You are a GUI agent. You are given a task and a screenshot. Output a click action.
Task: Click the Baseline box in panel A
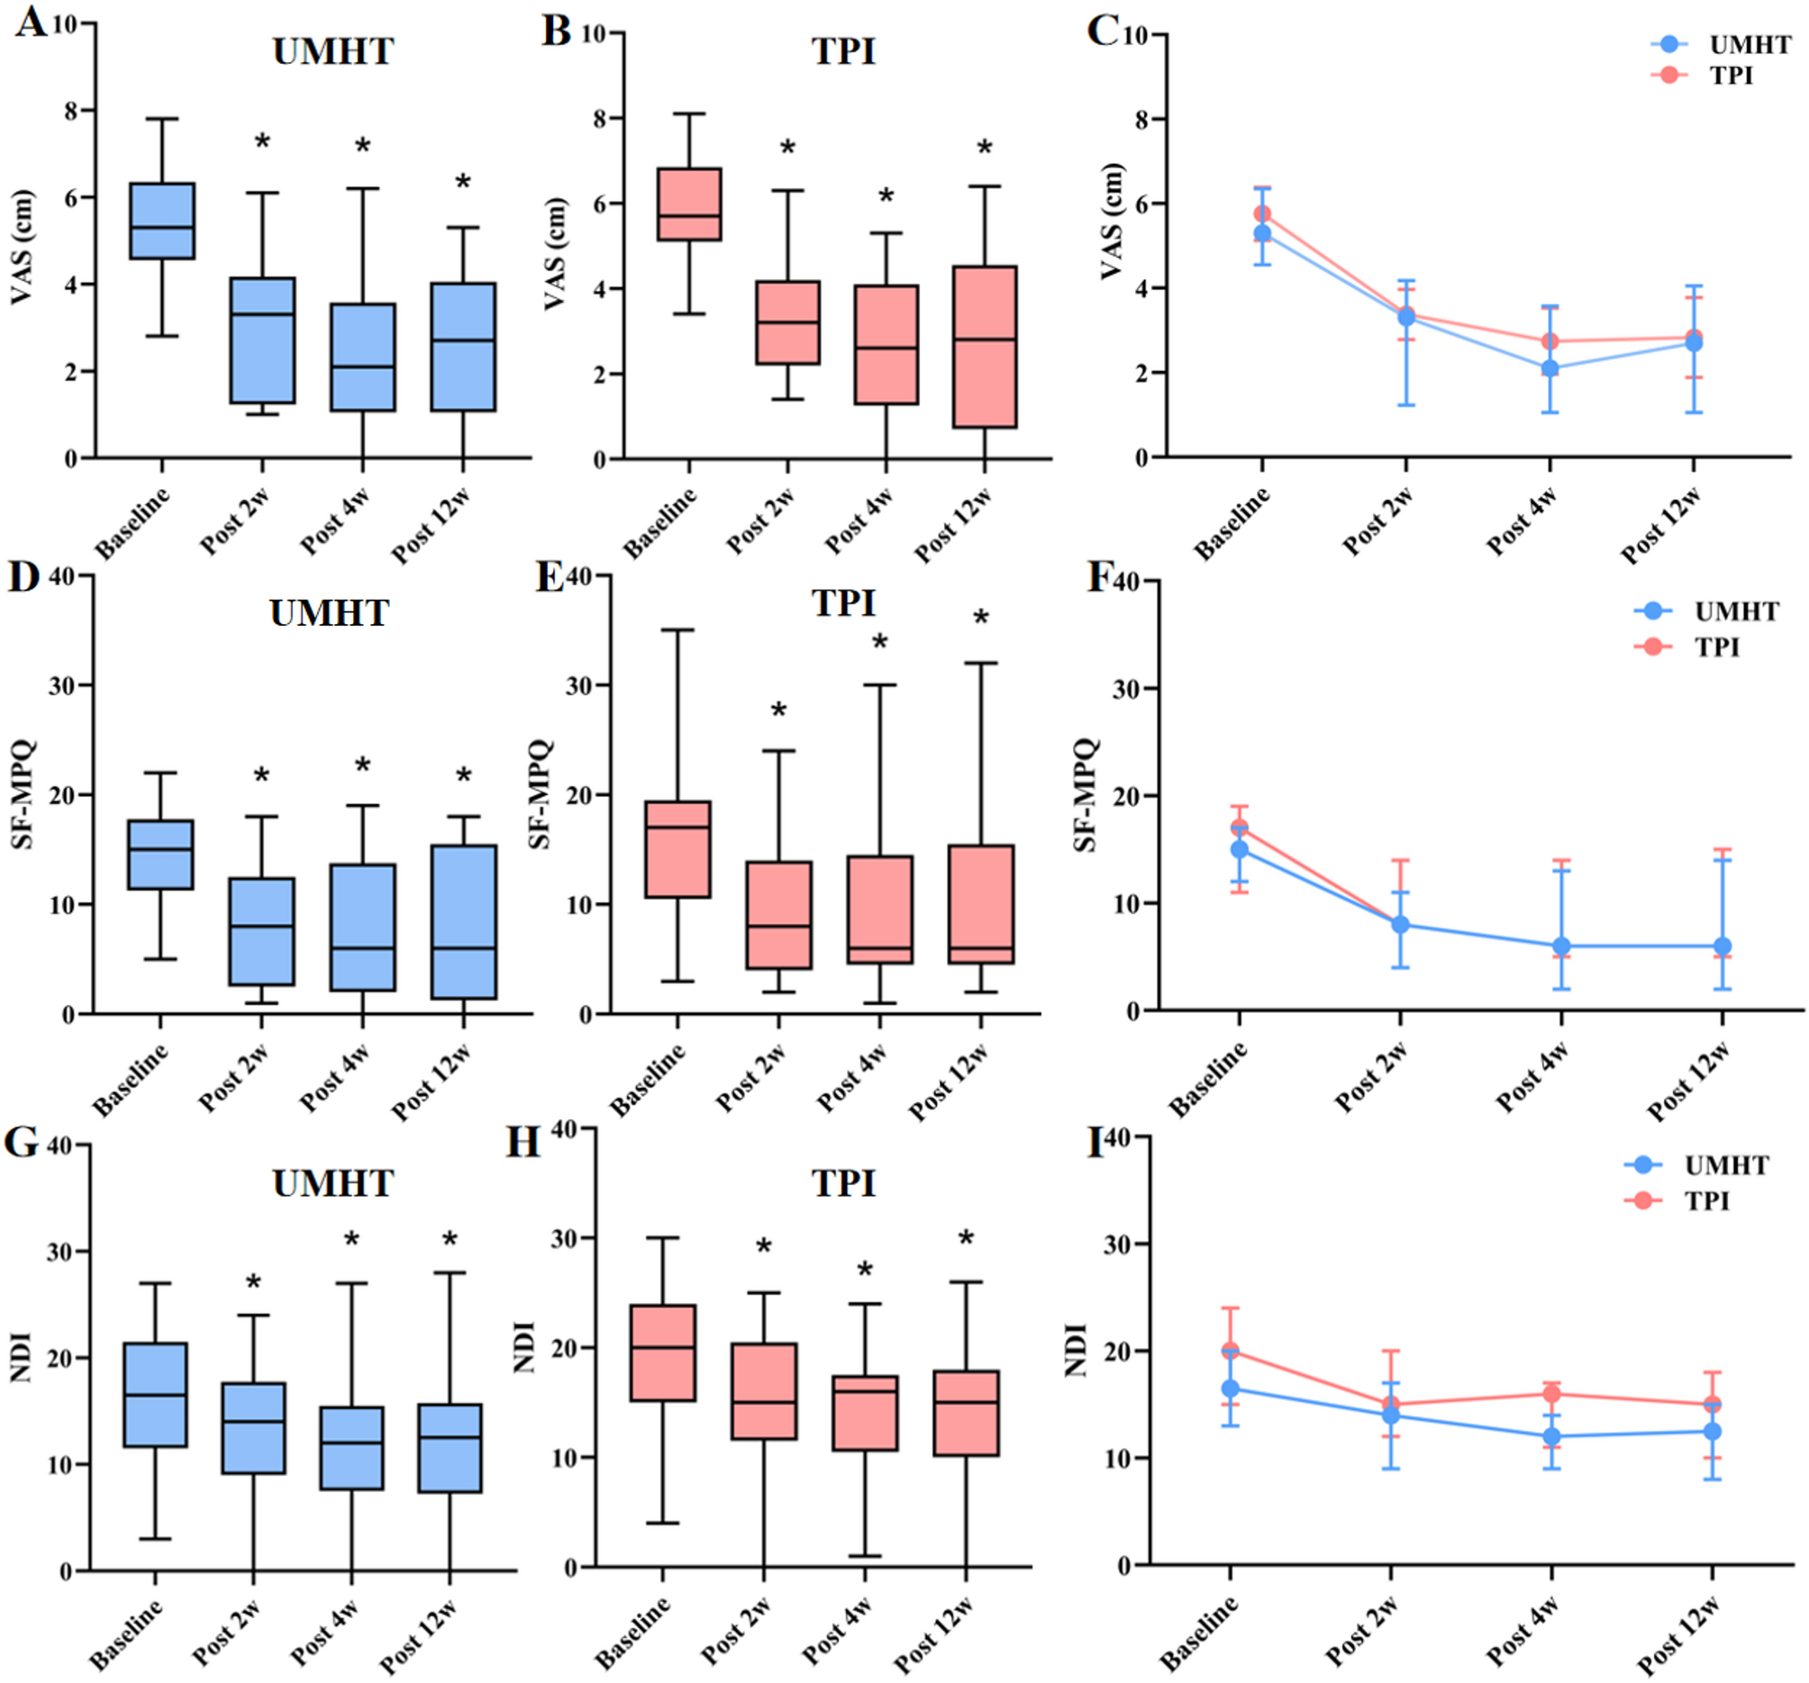tap(162, 221)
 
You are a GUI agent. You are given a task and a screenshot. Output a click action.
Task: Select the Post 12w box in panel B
tap(985, 347)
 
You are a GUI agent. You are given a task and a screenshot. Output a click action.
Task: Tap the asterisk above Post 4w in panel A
tap(362, 147)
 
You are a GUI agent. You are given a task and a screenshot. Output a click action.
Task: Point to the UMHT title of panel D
tap(330, 613)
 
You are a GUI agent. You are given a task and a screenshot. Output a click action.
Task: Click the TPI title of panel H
tap(843, 1183)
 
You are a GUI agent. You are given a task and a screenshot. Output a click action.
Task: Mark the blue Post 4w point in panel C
tap(1550, 368)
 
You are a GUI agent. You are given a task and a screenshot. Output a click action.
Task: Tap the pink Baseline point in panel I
tap(1231, 1351)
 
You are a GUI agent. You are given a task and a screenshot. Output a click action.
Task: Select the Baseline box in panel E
tap(677, 849)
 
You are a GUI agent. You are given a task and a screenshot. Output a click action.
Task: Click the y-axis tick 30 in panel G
tap(60, 1252)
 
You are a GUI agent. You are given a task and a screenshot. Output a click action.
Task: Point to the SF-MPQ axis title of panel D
tap(22, 794)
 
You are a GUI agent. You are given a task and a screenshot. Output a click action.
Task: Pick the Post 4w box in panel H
tap(865, 1413)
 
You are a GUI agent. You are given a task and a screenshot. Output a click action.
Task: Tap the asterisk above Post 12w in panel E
tap(981, 620)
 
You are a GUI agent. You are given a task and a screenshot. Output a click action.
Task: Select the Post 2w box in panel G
tap(253, 1428)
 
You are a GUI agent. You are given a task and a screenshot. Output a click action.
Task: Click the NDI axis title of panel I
tap(1076, 1350)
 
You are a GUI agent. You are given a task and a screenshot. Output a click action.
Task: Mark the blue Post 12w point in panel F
tap(1722, 946)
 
